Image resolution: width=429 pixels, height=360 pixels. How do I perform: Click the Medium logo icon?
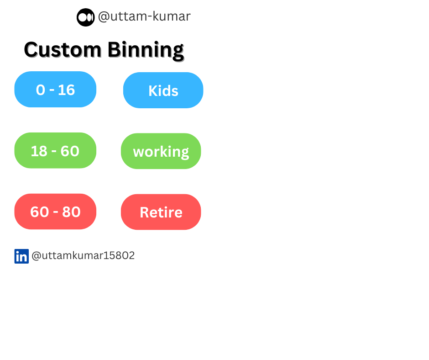tap(86, 17)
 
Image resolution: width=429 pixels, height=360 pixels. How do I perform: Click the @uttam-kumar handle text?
tap(144, 16)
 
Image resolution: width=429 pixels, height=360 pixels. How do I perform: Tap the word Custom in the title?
tap(63, 50)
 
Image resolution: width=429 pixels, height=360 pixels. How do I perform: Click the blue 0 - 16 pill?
tap(55, 90)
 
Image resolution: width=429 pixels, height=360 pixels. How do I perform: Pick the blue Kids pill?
tap(163, 90)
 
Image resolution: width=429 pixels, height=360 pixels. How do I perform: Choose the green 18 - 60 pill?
tap(55, 150)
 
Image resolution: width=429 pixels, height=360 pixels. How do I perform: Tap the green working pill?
tap(161, 151)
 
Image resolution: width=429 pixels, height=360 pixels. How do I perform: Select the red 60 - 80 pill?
tap(55, 212)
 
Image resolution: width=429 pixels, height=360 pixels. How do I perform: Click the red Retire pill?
tap(161, 212)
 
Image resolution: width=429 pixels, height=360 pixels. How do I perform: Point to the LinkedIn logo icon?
tap(21, 256)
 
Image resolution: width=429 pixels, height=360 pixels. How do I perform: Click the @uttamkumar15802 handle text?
tap(83, 255)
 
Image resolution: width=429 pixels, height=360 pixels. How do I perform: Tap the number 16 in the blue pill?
tap(67, 90)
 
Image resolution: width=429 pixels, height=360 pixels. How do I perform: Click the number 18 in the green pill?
tap(39, 151)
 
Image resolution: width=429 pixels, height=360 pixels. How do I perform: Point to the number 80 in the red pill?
tap(71, 212)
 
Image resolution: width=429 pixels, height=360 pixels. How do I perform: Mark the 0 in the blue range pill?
tap(41, 90)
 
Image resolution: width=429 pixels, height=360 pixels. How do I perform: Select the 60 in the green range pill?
tap(70, 151)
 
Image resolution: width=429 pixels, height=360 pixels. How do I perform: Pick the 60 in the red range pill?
tap(40, 212)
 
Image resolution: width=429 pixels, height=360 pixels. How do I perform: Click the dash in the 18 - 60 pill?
tap(54, 152)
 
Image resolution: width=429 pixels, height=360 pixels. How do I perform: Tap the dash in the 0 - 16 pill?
tap(52, 90)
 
